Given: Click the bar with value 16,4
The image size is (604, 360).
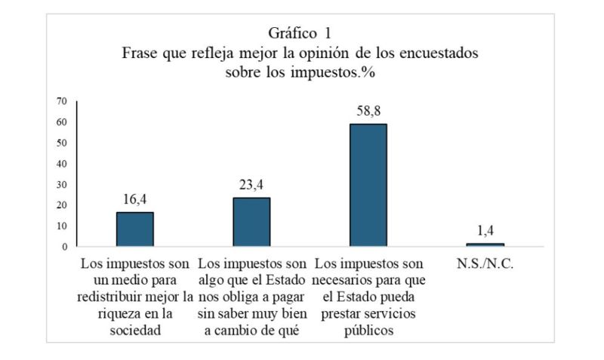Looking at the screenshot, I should tap(134, 229).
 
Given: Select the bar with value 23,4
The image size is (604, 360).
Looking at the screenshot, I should tap(251, 222).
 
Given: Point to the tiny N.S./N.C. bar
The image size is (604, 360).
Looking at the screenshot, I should tap(485, 245).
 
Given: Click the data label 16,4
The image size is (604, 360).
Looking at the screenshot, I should tap(134, 200).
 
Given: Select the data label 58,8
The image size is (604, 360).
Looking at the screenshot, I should tap(368, 112).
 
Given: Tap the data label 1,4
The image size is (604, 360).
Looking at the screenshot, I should tap(485, 231).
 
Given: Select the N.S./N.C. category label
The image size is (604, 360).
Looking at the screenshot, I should tap(485, 265).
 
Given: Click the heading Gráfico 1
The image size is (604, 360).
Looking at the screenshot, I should tap(300, 33).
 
